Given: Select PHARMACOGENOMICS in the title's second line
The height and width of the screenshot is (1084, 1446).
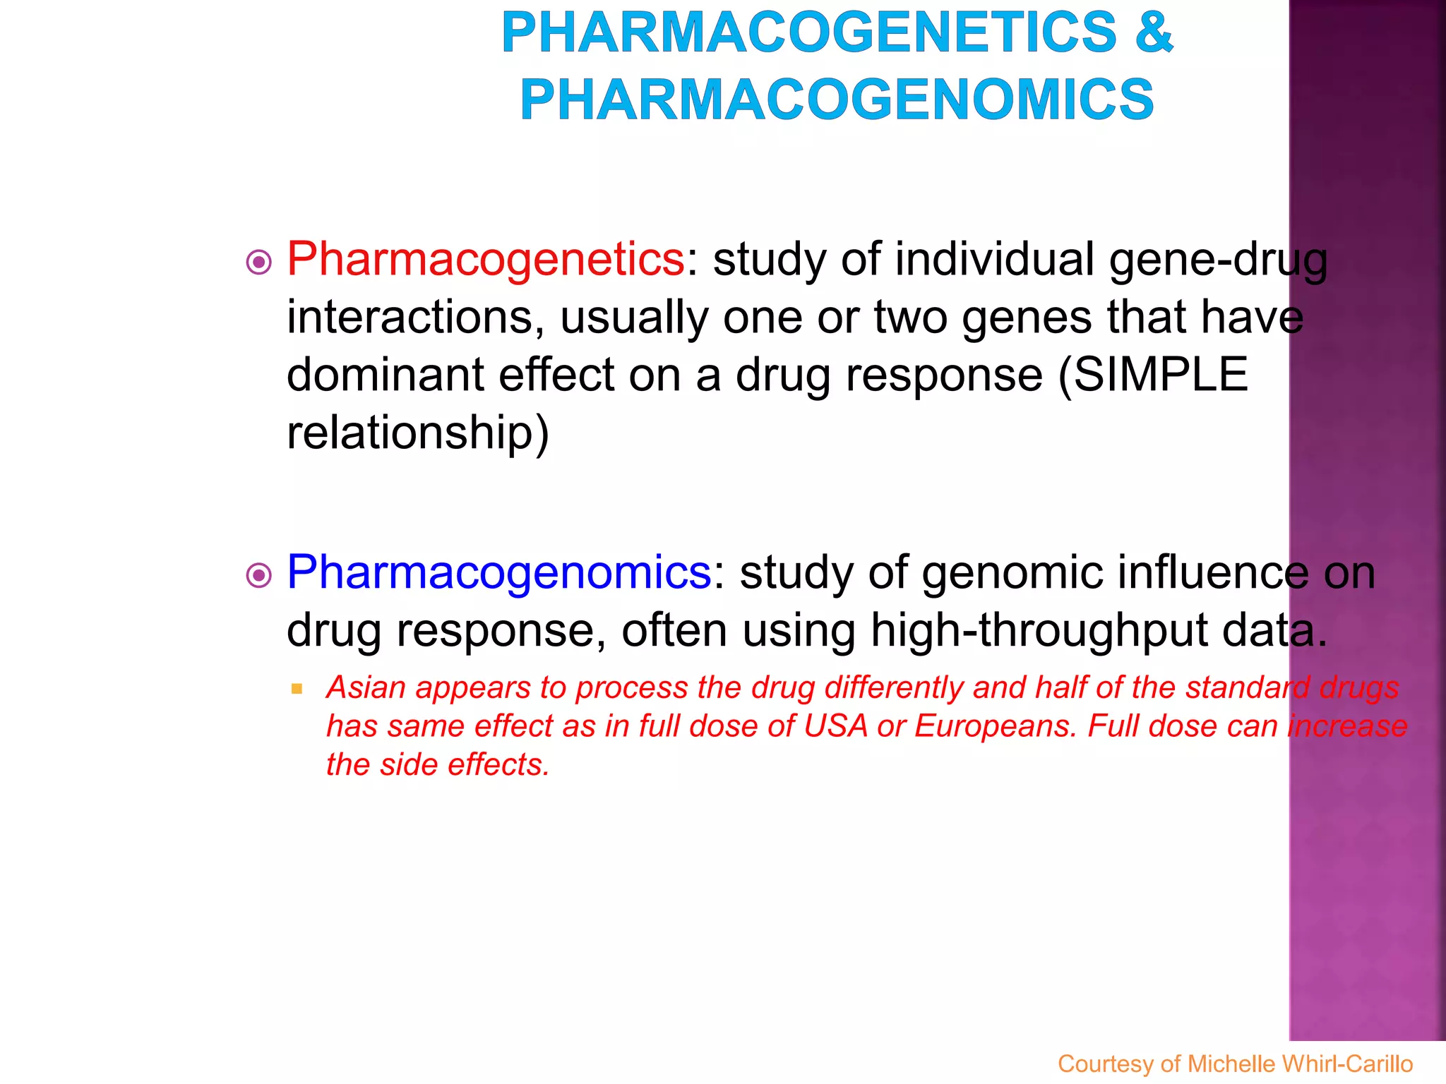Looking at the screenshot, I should pos(837,100).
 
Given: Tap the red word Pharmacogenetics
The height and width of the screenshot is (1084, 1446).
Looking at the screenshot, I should pos(486,260).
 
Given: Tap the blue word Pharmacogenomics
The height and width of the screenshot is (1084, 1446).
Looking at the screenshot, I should pos(498,572).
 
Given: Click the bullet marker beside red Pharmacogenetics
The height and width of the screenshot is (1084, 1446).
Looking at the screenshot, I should pos(259,263).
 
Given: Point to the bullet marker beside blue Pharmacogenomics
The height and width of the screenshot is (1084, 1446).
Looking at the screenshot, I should pos(259,576).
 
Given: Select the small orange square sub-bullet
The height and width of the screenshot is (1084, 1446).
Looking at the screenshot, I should pos(297,688).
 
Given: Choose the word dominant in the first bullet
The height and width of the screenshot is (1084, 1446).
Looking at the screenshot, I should pos(385,374).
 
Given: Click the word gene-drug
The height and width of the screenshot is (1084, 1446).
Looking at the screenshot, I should pos(1219,260).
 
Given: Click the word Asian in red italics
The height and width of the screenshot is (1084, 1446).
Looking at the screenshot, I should pos(366,687).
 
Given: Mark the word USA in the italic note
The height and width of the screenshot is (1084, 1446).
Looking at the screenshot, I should pos(835,726).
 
